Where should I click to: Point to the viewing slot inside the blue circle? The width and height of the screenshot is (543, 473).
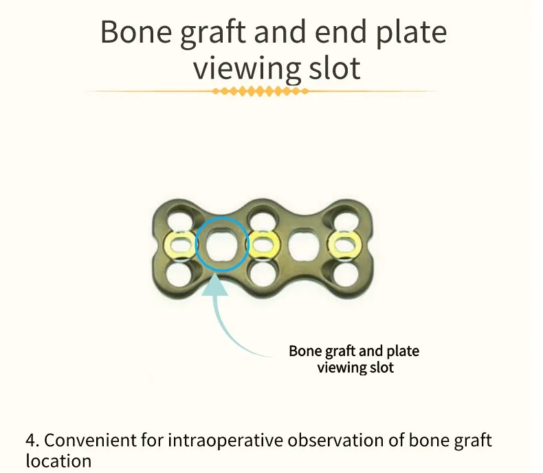coord(220,243)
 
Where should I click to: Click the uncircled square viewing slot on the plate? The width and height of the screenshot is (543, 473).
coord(301,243)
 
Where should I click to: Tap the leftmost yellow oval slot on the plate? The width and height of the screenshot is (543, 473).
coord(179,243)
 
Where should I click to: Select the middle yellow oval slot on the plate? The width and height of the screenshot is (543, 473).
coord(261,243)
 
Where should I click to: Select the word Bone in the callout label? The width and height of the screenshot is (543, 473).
coord(304,351)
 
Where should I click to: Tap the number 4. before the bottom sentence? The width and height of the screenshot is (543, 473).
coord(32,441)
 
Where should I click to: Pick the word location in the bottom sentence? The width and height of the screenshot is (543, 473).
coord(58,460)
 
